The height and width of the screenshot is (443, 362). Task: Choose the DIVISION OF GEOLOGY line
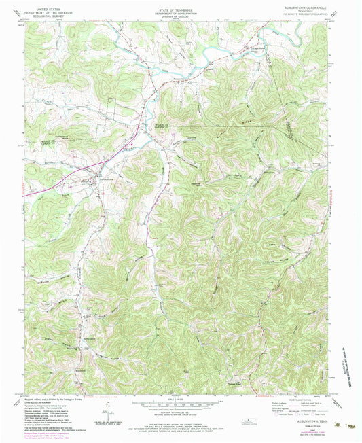click(x=180, y=13)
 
